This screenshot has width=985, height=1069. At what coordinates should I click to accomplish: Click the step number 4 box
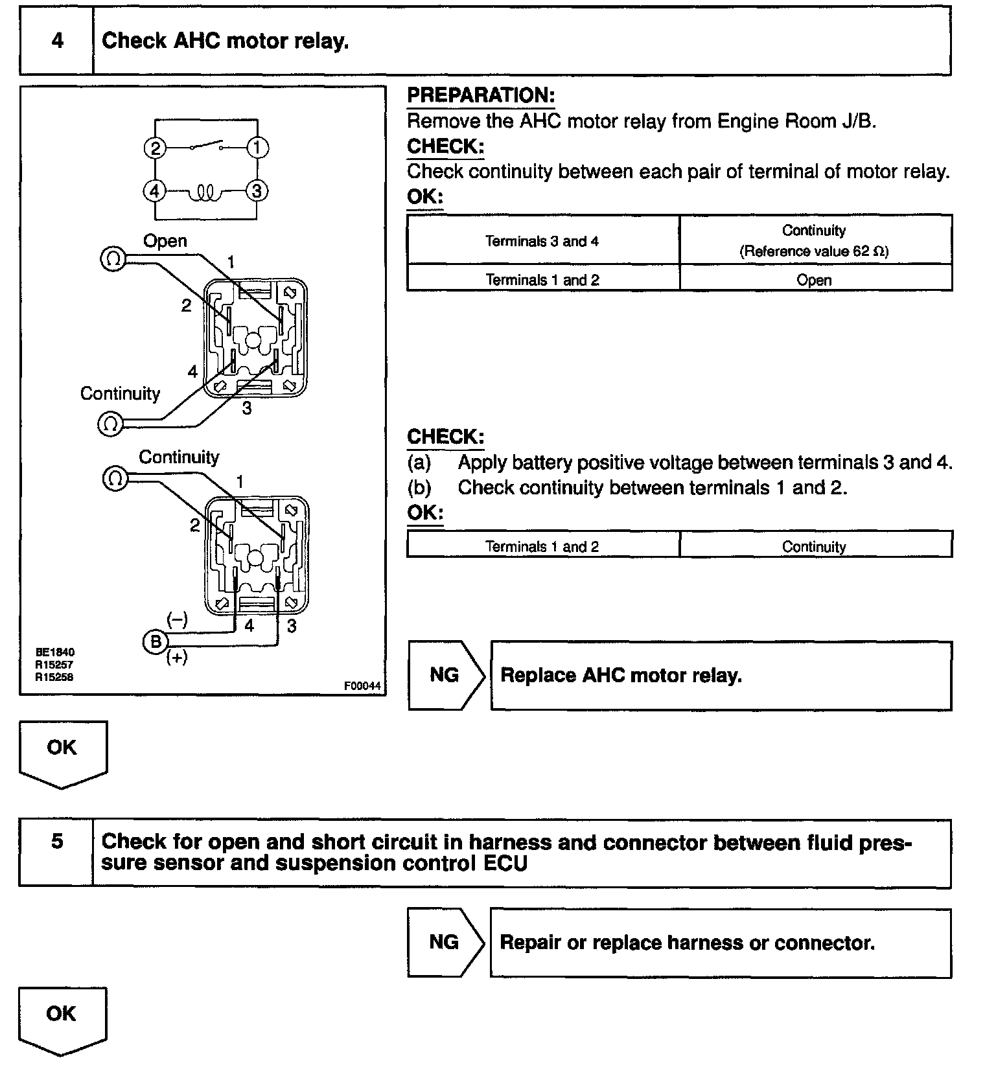[57, 41]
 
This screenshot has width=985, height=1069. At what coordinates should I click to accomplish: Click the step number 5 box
[57, 842]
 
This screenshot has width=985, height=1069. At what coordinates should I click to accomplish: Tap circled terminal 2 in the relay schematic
[155, 148]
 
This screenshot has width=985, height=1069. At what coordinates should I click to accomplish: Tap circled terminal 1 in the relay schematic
[257, 148]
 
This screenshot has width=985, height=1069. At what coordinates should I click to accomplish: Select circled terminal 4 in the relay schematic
[154, 192]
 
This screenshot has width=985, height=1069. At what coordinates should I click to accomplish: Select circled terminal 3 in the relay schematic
[257, 192]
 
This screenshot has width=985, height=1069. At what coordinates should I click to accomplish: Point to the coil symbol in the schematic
[205, 192]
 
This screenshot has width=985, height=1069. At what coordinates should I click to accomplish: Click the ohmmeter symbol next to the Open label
[113, 260]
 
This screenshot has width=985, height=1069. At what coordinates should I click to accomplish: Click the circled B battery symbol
[155, 642]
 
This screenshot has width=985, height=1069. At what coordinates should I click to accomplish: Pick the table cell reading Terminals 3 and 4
[542, 241]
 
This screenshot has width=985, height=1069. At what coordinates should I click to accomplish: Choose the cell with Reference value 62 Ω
[815, 241]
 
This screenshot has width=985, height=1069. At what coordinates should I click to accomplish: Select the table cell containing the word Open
[815, 280]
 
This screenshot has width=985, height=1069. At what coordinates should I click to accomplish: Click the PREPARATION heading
[481, 96]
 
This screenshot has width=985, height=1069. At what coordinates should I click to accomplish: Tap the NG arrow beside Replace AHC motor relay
[445, 675]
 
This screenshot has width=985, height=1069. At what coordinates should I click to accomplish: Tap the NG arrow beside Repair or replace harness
[445, 942]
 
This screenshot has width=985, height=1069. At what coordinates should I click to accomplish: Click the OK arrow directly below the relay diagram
[62, 752]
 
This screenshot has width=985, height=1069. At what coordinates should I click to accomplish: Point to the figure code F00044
[362, 686]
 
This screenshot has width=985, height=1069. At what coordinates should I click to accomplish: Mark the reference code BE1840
[55, 652]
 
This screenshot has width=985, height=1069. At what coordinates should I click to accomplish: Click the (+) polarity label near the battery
[177, 658]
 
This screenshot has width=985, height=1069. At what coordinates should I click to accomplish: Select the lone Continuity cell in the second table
[815, 547]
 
